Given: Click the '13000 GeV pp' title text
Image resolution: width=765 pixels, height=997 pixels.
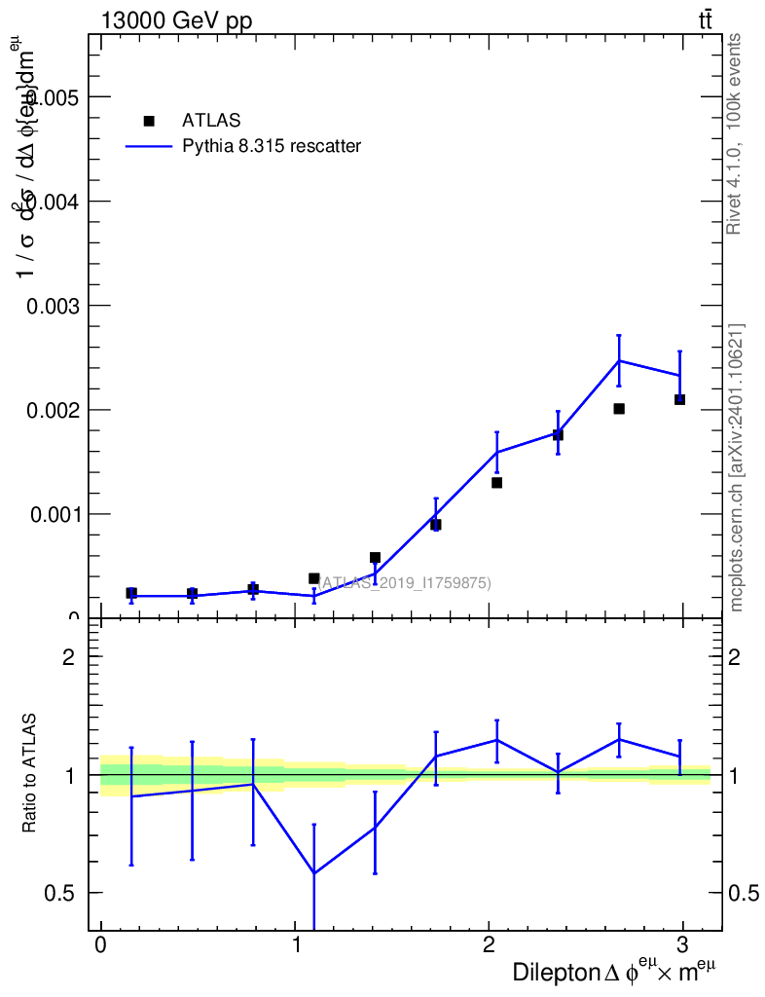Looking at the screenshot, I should [176, 21].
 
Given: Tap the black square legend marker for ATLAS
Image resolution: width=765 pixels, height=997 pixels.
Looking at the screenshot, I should [149, 121].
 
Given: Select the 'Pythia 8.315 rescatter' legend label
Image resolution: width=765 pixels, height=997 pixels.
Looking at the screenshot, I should [272, 146].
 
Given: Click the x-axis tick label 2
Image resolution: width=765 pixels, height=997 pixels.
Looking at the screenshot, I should [489, 945].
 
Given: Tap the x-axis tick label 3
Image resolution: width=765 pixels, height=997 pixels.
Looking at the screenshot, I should [682, 945].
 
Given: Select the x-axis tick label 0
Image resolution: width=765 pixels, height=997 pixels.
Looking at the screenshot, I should [100, 945].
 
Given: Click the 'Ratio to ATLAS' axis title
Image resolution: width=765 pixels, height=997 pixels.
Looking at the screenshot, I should [31, 774].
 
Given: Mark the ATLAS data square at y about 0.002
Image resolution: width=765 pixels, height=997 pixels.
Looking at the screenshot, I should [619, 409].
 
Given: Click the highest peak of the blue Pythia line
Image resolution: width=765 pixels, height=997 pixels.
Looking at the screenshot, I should [619, 361].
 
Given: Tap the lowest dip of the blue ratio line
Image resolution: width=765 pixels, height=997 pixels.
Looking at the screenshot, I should [313, 873].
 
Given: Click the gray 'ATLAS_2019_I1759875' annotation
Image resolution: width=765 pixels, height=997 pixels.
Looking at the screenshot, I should [405, 582].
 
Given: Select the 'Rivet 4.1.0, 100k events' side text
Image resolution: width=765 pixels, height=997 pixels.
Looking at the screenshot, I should [735, 133].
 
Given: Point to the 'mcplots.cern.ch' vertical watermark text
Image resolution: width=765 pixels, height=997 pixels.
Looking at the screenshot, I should [737, 467].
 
